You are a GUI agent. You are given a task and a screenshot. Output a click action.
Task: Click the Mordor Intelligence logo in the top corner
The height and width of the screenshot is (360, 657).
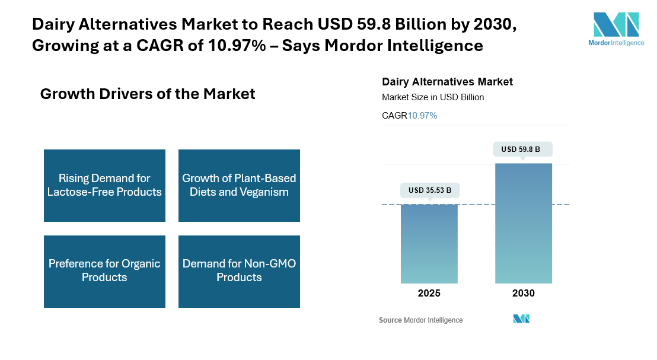tap(616, 29)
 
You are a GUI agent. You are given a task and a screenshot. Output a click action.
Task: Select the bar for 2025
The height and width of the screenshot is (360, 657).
tap(429, 244)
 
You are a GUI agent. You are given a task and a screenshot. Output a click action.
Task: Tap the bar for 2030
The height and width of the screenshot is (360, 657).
tap(524, 224)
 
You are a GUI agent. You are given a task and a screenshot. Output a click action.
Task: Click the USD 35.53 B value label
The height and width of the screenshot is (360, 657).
tap(430, 190)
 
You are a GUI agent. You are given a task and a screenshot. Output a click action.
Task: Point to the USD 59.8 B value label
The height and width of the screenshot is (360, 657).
tap(522, 149)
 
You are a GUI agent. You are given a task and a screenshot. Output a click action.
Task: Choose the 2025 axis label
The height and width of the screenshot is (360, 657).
tap(429, 293)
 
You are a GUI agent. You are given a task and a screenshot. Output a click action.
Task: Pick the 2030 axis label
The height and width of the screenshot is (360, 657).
tap(524, 293)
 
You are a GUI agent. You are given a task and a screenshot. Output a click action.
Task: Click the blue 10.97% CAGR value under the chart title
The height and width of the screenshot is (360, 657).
tap(422, 116)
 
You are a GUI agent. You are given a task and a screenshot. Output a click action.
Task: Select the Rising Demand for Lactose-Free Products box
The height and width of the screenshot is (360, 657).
tap(104, 186)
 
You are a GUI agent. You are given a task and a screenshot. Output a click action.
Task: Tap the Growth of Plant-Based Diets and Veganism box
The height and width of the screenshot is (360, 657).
tap(239, 186)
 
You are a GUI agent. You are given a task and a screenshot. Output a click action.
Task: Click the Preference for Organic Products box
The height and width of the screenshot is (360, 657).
tap(104, 272)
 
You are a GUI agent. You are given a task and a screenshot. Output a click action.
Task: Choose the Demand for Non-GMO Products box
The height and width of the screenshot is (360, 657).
tap(239, 272)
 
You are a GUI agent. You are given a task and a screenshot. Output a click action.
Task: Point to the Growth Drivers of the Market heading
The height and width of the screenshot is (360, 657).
tap(148, 94)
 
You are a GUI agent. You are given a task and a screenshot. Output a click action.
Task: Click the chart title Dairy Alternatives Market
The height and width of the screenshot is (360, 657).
tap(447, 82)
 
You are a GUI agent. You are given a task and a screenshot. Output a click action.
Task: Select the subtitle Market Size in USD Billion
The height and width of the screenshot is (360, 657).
tap(433, 97)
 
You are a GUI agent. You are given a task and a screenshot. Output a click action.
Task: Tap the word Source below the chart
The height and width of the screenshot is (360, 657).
tap(390, 320)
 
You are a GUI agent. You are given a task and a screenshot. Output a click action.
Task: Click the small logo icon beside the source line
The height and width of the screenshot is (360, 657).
tap(521, 319)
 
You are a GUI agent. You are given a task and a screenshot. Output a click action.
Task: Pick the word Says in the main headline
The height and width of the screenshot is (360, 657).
tap(301, 46)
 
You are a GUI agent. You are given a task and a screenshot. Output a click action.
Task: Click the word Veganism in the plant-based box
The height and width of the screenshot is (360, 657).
tap(264, 192)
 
